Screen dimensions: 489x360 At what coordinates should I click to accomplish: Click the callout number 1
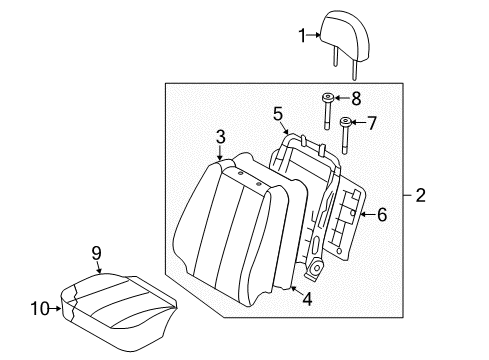tap(302, 36)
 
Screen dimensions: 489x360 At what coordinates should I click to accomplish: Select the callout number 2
tap(421, 195)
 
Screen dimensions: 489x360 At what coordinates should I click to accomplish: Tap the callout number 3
tap(220, 137)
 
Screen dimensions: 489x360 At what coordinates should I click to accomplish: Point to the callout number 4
tap(307, 299)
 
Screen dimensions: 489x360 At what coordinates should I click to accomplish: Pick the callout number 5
tap(278, 114)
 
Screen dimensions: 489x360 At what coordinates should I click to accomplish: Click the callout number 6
tap(382, 214)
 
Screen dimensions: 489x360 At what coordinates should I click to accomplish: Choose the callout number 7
tap(372, 123)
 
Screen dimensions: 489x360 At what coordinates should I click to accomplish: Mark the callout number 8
tap(356, 98)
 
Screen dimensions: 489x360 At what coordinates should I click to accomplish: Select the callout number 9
tap(96, 253)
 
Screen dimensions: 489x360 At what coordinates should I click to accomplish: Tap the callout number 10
tap(40, 308)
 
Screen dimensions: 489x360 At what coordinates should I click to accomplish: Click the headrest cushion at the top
tap(345, 36)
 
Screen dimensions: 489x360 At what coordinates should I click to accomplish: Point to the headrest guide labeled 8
tap(327, 112)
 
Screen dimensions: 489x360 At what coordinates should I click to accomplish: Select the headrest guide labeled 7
tap(345, 135)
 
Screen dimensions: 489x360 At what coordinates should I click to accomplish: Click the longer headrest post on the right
tap(355, 71)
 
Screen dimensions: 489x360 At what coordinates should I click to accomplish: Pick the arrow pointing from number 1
tap(313, 35)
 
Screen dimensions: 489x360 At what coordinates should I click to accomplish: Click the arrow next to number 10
tap(55, 309)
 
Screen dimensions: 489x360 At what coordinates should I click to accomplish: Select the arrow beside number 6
tap(368, 214)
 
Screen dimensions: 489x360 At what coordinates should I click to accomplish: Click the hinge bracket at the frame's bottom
tap(315, 268)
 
